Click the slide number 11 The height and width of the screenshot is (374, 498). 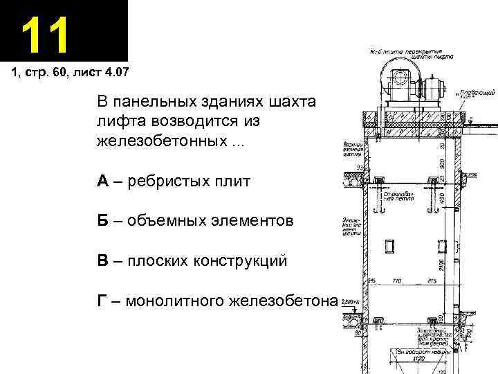(46, 35)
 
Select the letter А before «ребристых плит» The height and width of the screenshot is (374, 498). (102, 181)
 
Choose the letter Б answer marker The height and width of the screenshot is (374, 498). (102, 221)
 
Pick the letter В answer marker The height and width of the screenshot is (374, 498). (102, 261)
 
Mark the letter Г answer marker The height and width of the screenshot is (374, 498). (102, 301)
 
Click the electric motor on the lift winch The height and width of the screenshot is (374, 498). (434, 89)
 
